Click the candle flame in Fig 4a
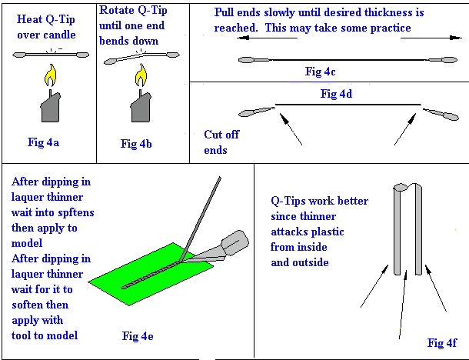coord(50,76)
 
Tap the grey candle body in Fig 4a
coord(50,107)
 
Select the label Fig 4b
coord(138,143)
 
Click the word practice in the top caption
coord(390,28)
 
